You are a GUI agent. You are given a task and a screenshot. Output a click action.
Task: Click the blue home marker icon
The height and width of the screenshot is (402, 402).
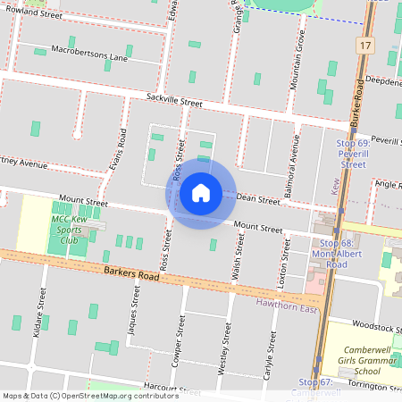click(201, 192)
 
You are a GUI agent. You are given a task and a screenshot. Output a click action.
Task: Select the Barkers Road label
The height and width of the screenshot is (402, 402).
click(130, 272)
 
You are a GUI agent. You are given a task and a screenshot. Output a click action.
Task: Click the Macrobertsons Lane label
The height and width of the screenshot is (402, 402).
click(89, 52)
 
